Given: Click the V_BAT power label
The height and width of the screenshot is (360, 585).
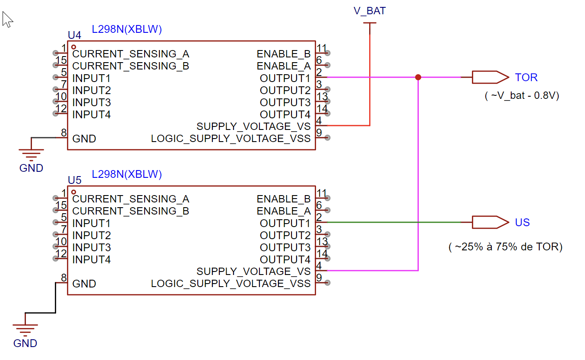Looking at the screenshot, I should click(x=370, y=11).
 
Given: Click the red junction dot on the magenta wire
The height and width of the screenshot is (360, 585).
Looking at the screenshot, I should click(x=418, y=77).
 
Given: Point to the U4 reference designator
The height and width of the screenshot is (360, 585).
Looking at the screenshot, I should click(x=75, y=35).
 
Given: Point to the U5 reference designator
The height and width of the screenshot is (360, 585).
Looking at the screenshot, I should click(x=75, y=180).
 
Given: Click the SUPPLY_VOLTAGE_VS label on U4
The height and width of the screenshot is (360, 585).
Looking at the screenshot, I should click(x=253, y=126).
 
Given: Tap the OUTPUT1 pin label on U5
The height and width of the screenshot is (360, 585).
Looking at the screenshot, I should click(x=285, y=223).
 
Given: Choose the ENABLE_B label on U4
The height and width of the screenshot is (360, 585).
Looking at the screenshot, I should click(x=283, y=54).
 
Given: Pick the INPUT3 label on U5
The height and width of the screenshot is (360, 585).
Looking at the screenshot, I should click(x=92, y=247).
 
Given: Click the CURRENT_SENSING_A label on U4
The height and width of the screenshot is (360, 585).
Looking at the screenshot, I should click(x=130, y=54).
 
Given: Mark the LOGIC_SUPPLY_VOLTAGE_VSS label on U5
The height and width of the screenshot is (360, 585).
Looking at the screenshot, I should click(x=231, y=284).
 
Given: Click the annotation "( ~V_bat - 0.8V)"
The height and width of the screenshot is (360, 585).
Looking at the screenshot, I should click(x=522, y=96).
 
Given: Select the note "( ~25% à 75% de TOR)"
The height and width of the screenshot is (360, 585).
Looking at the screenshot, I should click(x=506, y=247).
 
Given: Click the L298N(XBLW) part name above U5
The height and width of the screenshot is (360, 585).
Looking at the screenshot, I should click(x=127, y=174).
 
